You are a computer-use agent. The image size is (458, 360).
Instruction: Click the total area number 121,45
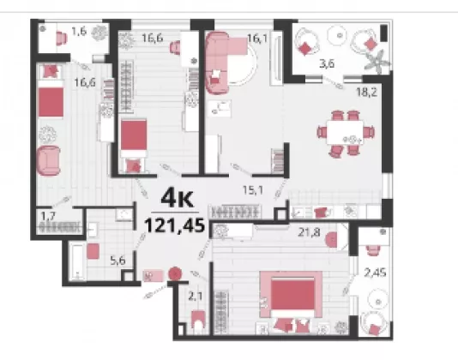[x=174, y=225]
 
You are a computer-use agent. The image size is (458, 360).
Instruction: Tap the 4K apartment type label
[x=177, y=198]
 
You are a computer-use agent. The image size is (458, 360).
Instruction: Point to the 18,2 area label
[x=366, y=93]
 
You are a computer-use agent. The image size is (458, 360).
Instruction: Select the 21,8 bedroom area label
[x=309, y=232]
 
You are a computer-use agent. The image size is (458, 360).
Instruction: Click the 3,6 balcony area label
[x=327, y=63]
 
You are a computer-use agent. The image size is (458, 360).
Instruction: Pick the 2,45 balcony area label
[x=376, y=273]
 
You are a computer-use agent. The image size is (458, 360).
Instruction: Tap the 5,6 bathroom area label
[x=118, y=261]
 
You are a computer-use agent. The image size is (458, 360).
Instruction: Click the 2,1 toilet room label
[x=195, y=297]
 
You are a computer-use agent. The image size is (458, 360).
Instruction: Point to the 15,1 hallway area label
[x=253, y=190]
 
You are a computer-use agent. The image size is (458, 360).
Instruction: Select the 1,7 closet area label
[x=48, y=217]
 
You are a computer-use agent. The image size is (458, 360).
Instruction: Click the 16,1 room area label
[x=257, y=38]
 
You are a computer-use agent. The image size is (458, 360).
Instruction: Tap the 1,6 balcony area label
[x=79, y=31]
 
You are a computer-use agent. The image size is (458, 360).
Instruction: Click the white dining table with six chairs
[x=346, y=133]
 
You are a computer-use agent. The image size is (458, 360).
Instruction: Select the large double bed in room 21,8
[x=292, y=297]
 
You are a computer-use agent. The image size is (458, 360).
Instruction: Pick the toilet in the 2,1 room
[x=198, y=322]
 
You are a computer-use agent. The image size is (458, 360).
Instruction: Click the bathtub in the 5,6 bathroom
[x=77, y=262]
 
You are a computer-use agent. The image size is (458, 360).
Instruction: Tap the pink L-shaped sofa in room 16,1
[x=222, y=63]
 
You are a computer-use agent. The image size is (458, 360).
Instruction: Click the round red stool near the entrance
[x=175, y=274]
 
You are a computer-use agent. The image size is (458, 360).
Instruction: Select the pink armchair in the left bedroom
[x=49, y=160]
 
